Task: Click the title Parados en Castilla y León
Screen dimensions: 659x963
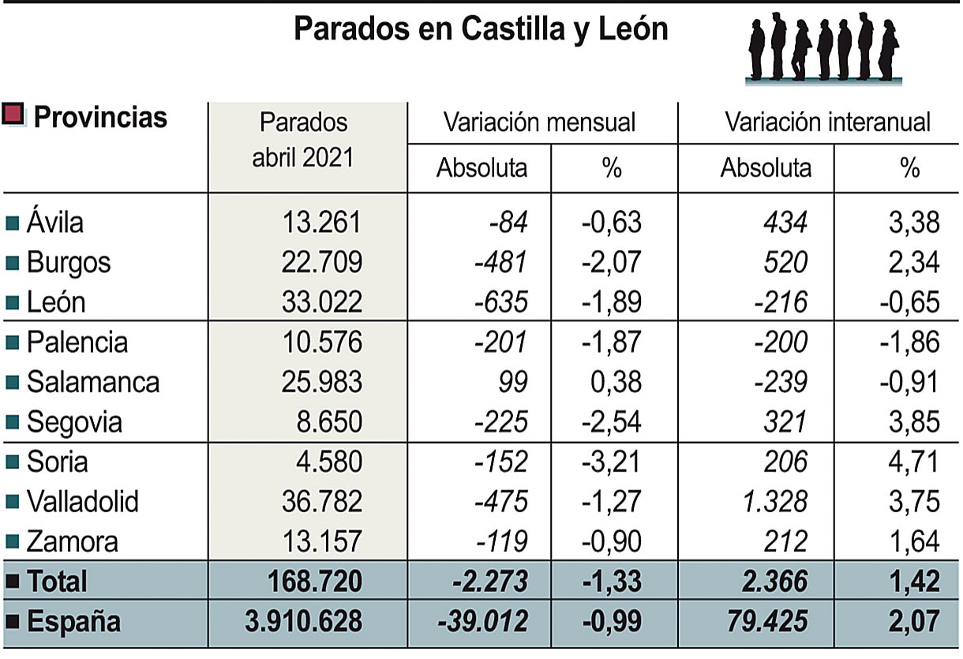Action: pos(481,30)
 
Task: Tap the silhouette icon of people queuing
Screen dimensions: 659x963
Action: pos(823,47)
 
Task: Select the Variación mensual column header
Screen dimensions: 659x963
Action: pos(539,122)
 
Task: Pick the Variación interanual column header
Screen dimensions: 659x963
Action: pos(827,122)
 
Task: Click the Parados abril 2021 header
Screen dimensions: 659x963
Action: pos(303,140)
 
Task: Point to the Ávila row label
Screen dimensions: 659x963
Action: pos(54,223)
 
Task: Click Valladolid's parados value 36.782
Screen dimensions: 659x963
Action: pos(321,501)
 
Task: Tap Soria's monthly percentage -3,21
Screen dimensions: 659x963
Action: pos(611,462)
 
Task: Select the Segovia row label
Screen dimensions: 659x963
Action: pos(74,422)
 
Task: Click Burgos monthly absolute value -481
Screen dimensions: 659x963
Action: pos(501,262)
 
